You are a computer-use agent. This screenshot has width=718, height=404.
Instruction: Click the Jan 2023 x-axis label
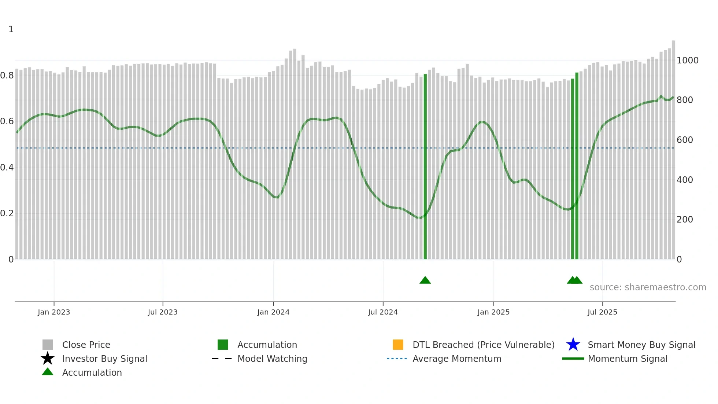[54, 312]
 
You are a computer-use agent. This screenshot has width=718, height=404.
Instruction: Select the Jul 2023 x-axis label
[163, 312]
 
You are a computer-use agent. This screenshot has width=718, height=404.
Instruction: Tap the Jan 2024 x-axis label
[273, 312]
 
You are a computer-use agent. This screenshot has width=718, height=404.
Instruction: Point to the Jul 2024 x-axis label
[383, 312]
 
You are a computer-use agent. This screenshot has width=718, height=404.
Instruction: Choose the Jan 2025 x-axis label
[493, 312]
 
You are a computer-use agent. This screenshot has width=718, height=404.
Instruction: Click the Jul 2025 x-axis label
[602, 312]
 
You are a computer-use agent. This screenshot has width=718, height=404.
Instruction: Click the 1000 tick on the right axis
[687, 60]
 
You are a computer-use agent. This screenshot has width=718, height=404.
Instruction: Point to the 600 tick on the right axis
[685, 140]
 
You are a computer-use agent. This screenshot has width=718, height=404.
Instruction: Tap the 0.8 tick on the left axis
[7, 76]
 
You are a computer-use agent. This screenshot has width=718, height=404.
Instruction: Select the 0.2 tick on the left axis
[7, 213]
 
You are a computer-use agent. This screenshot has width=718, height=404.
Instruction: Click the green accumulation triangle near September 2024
[425, 280]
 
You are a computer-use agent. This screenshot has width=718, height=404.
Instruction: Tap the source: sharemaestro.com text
[648, 287]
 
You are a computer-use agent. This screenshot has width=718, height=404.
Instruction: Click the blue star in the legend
[573, 345]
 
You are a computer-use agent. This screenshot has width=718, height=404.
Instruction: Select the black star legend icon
[48, 359]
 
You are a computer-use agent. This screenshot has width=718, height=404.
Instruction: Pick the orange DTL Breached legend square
[398, 345]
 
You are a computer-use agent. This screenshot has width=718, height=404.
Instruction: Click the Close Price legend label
[86, 345]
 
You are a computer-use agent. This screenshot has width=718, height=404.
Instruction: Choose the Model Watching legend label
[272, 359]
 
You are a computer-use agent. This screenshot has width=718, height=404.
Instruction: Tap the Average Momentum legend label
[457, 359]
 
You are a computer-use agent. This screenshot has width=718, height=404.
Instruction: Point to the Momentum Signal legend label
[628, 359]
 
